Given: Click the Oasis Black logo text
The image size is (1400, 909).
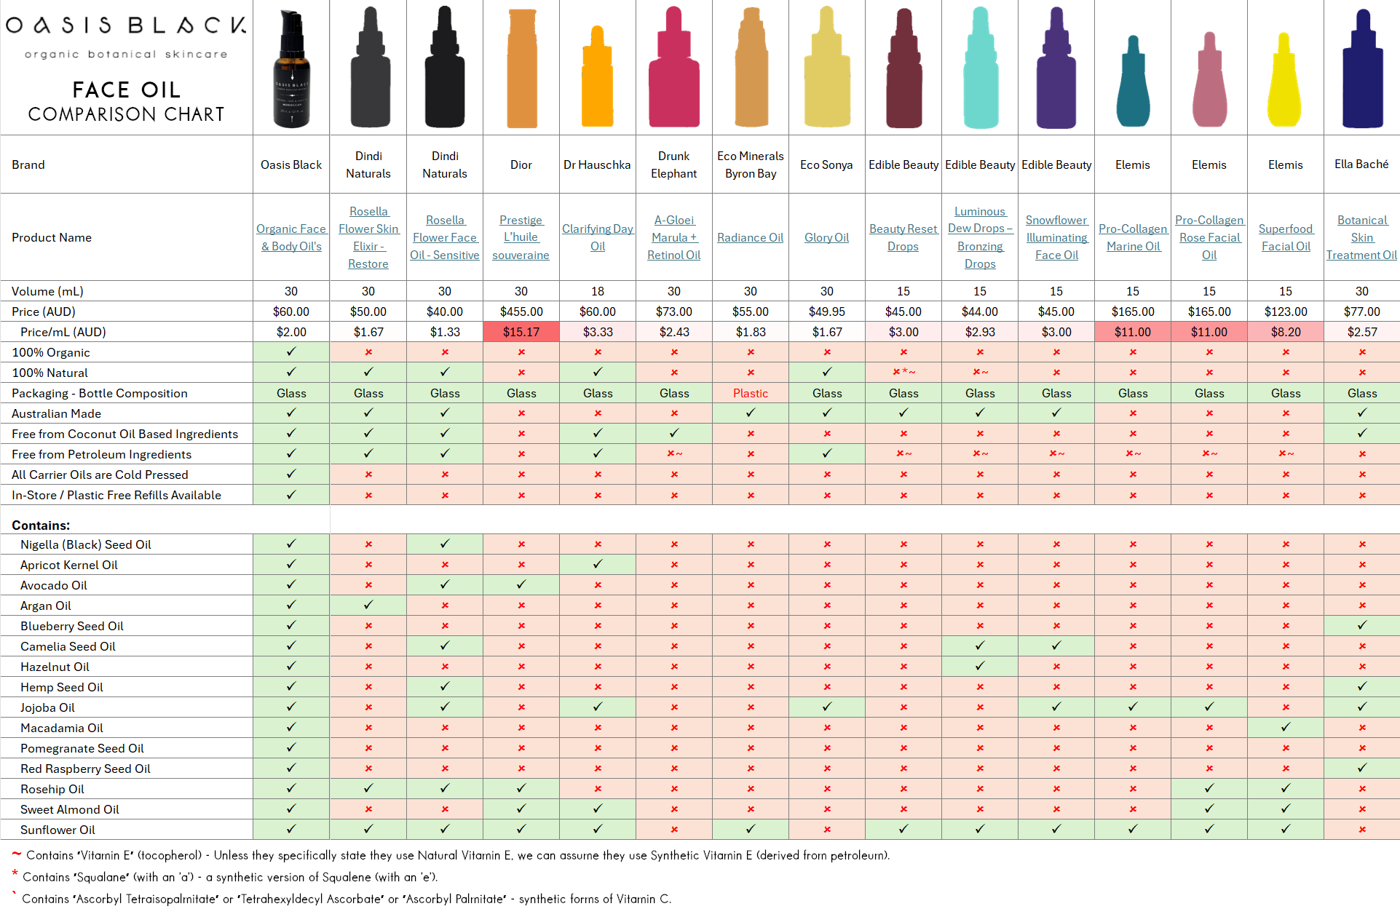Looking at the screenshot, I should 126,25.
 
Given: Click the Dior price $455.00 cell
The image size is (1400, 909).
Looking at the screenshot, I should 521,311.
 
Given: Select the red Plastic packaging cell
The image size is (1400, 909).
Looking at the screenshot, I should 750,393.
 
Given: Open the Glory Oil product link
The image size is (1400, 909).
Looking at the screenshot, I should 826,237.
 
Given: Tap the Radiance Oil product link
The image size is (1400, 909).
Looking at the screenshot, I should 750,237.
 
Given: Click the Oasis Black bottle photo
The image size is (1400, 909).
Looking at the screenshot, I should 291,69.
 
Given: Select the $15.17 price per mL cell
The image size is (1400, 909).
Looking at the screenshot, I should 521,332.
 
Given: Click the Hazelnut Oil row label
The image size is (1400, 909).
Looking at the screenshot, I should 55,667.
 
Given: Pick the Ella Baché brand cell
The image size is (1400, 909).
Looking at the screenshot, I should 1361,164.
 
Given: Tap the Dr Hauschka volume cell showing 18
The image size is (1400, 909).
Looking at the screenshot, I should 597,291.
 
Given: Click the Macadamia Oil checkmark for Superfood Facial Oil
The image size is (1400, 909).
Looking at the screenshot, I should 1285,727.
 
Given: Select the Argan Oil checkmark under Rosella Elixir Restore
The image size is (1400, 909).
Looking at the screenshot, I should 368,605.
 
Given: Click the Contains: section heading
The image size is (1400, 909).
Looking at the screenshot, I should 41,525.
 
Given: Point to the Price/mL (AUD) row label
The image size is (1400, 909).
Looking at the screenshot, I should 63,332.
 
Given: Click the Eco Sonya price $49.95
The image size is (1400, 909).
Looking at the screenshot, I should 826,311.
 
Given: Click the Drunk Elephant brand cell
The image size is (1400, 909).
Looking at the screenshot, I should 673,164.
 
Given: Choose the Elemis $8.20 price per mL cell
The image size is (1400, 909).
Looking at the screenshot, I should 1285,332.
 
